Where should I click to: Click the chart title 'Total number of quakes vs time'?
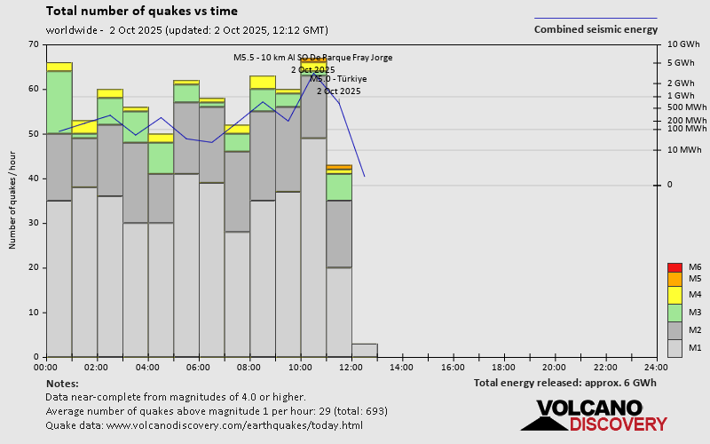coord(141,12)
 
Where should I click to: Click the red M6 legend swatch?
coord(674,267)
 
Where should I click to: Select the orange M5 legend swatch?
coord(674,279)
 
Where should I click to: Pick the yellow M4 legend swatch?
coord(674,295)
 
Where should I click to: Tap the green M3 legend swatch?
coord(674,313)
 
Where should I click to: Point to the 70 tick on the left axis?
coord(34,44)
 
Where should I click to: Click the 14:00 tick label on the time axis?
coord(402,366)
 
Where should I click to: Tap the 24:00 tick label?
coord(656,366)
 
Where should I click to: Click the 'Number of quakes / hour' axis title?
coord(12,201)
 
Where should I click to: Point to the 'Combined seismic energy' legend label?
coord(596,29)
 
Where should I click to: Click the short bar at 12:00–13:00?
coord(365,350)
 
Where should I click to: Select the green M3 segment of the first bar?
coord(59,102)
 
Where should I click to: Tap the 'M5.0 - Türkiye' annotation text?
coord(338,79)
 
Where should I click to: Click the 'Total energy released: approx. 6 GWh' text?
coord(565,384)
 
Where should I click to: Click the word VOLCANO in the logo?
coord(588,408)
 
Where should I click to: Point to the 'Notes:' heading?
coord(61,384)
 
